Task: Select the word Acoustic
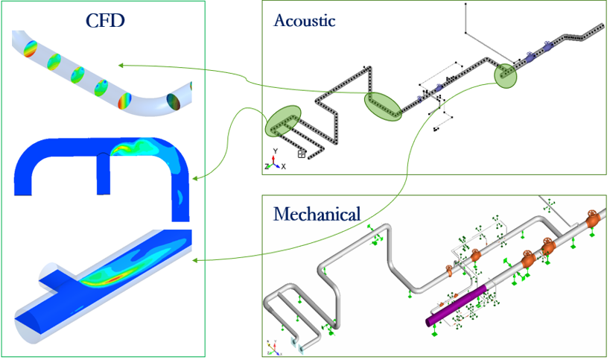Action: coord(305,20)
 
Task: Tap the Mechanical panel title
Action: coord(317,215)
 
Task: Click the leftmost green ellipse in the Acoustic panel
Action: coord(283,121)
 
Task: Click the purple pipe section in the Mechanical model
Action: coord(455,303)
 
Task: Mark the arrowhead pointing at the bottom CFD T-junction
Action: coord(194,260)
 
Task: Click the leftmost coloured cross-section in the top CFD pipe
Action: coord(31,50)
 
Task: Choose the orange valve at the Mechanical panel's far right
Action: coord(593,220)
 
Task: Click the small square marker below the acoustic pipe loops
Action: coord(301,154)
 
